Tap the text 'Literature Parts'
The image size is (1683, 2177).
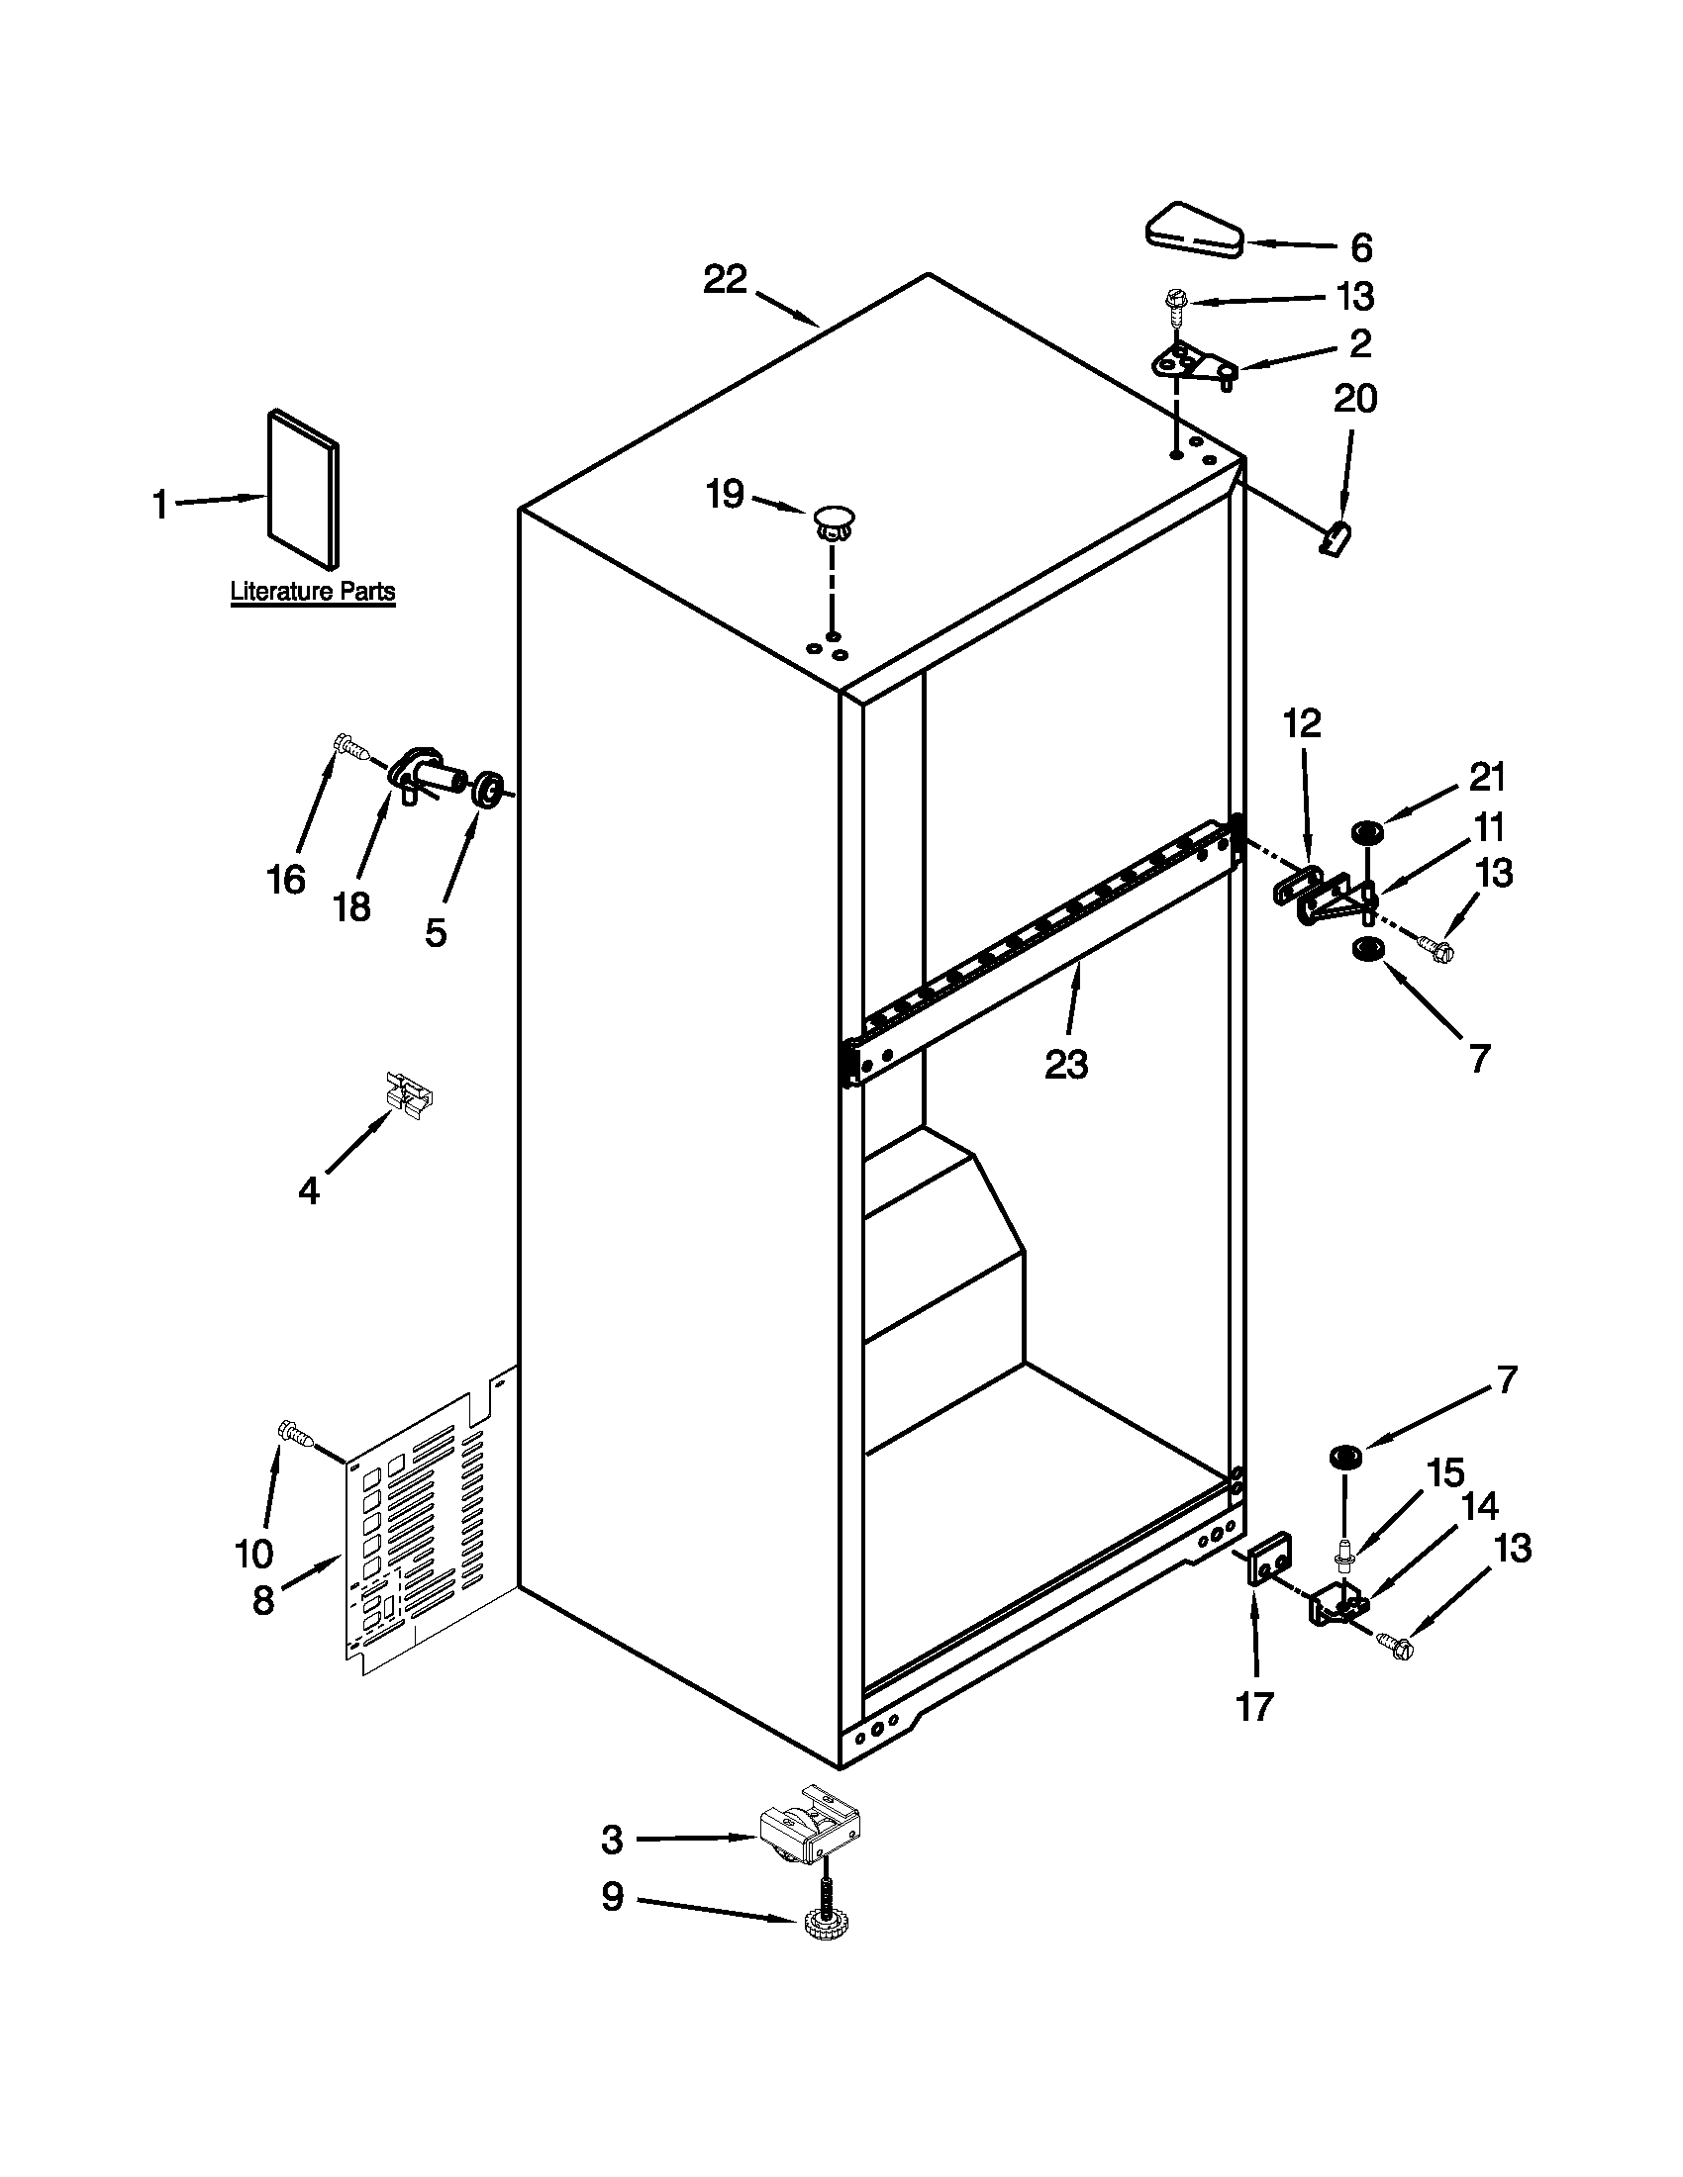[x=313, y=591]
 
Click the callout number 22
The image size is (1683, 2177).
[x=725, y=280]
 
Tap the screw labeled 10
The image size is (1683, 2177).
[x=296, y=1436]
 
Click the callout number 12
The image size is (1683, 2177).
[x=1302, y=722]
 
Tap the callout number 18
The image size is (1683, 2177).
[x=352, y=907]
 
